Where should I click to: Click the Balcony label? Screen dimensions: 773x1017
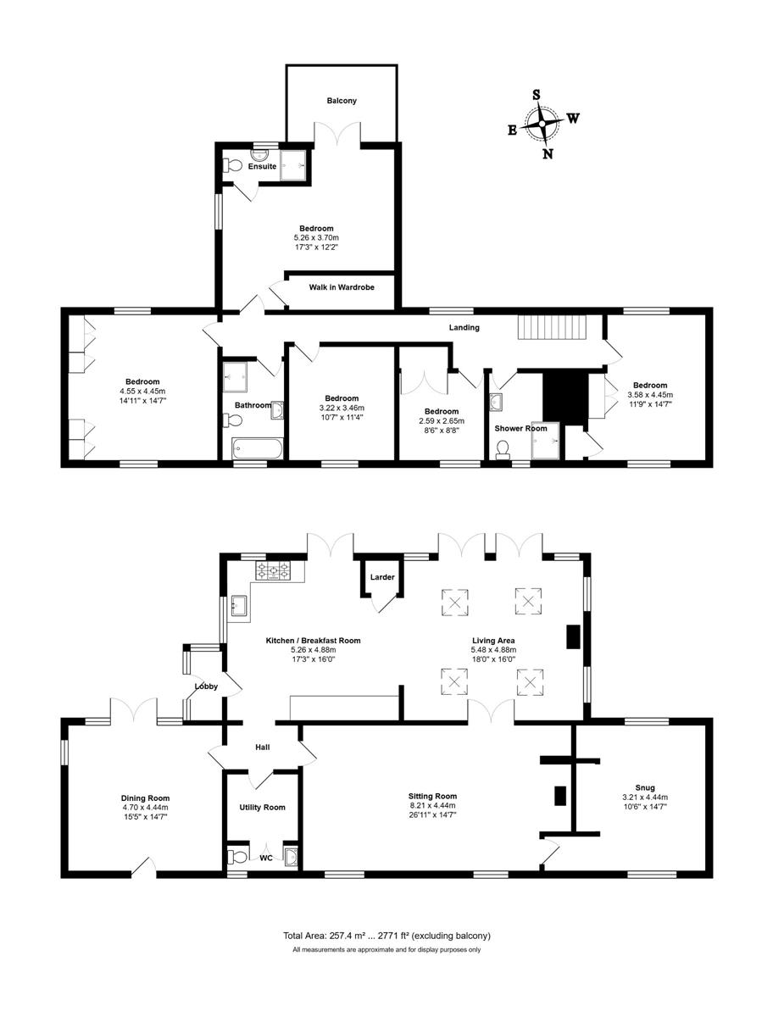[x=342, y=101]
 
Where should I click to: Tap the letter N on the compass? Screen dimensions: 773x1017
[x=548, y=154]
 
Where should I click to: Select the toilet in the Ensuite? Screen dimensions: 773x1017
[x=233, y=165]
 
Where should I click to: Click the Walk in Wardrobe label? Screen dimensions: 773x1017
[x=342, y=287]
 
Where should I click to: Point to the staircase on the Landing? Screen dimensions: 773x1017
[x=552, y=327]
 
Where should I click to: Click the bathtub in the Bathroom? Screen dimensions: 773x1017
[x=257, y=448]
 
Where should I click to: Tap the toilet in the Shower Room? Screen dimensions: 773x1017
[x=502, y=449]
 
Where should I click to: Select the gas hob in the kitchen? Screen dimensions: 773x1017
[x=273, y=570]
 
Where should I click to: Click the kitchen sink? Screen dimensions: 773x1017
[x=240, y=605]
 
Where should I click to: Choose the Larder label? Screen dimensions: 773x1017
[x=382, y=577]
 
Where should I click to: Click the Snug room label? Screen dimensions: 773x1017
[x=645, y=787]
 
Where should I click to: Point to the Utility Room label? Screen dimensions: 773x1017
[x=262, y=807]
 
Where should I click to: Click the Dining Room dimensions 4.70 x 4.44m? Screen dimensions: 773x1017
[x=146, y=807]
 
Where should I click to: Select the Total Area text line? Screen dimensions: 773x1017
[x=386, y=936]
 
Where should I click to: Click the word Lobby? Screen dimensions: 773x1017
[x=206, y=686]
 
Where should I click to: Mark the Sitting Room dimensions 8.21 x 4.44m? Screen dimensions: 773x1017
[x=432, y=805]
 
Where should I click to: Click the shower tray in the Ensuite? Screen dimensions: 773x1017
[x=293, y=165]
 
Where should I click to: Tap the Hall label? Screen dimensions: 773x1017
[x=262, y=747]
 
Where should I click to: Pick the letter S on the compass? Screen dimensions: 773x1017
[x=537, y=95]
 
